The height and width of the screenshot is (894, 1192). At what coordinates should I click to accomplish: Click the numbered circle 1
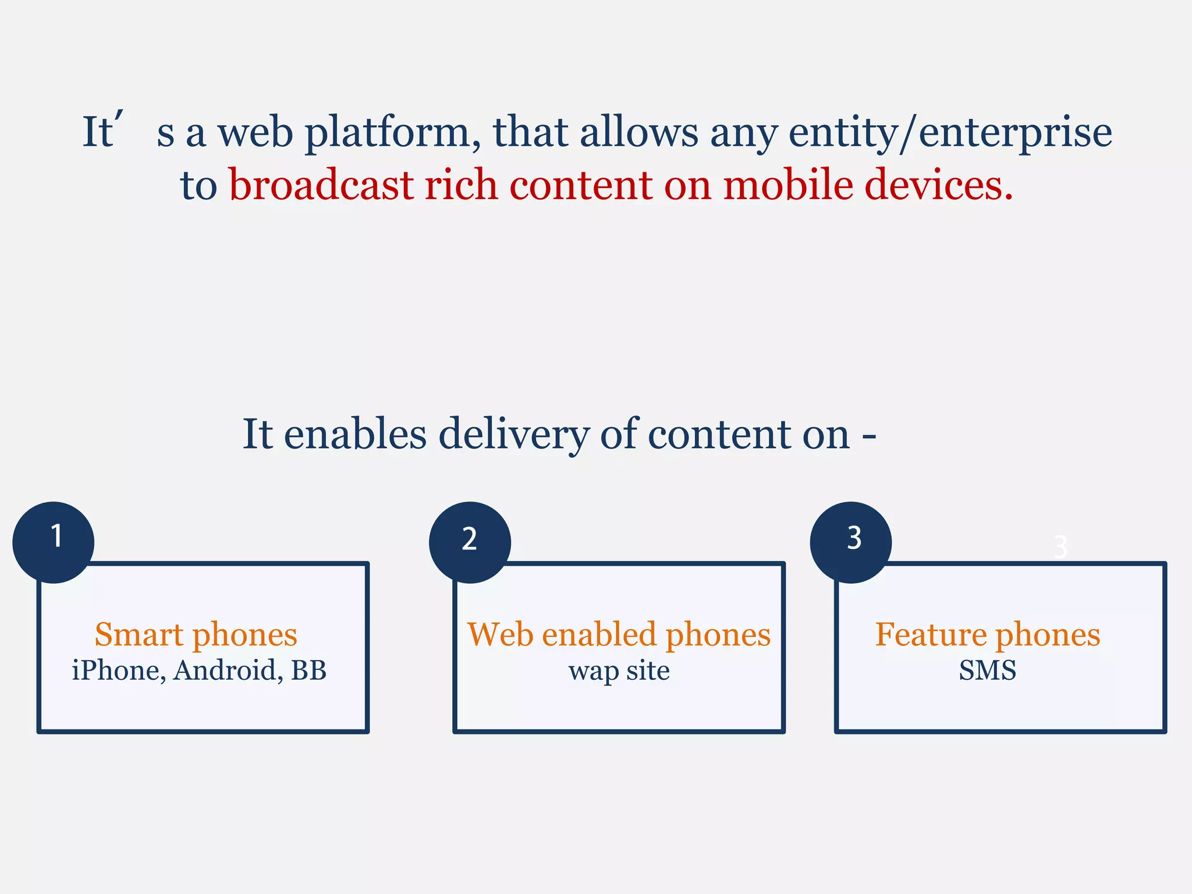pyautogui.click(x=54, y=542)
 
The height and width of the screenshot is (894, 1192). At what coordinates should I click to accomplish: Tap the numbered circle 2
pyautogui.click(x=470, y=542)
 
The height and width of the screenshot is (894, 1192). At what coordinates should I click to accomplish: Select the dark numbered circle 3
pyautogui.click(x=851, y=542)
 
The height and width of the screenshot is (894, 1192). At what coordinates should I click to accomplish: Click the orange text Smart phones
pyautogui.click(x=196, y=634)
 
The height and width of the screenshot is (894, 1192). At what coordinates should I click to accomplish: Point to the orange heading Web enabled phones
pyautogui.click(x=619, y=634)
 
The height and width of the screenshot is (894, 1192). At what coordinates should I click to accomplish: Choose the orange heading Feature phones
pyautogui.click(x=987, y=634)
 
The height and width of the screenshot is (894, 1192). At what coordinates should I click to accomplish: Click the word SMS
pyautogui.click(x=987, y=670)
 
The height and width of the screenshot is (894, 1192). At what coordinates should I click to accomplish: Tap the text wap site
pyautogui.click(x=619, y=671)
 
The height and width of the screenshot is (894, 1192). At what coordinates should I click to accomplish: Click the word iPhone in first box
pyautogui.click(x=115, y=670)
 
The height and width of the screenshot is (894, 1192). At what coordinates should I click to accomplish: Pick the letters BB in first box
pyautogui.click(x=308, y=670)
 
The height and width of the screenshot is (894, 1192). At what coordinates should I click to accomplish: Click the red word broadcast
pyautogui.click(x=321, y=185)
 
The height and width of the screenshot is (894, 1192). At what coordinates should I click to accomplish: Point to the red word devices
pyautogui.click(x=938, y=185)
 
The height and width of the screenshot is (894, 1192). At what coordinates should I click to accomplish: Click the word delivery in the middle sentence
pyautogui.click(x=514, y=434)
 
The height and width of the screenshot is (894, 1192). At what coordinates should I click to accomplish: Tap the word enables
pyautogui.click(x=355, y=434)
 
